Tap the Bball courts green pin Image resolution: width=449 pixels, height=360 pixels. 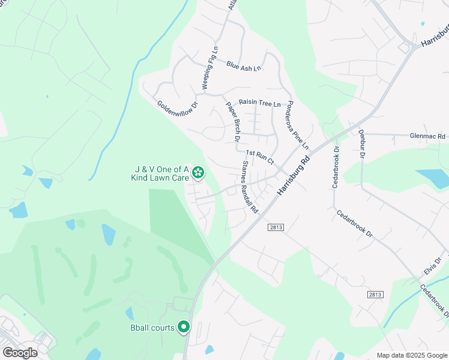point(184,328)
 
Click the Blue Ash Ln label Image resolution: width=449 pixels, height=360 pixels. point(244,65)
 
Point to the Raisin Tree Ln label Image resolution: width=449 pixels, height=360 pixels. point(260,104)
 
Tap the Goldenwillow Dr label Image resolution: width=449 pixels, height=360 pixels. point(178,108)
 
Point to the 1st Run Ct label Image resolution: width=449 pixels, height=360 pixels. point(259,158)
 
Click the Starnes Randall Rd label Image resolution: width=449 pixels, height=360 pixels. point(249,187)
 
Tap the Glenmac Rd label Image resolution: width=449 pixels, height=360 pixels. point(428,136)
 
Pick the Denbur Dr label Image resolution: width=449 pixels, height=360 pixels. point(362,143)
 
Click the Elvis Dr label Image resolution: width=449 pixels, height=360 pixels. point(433,265)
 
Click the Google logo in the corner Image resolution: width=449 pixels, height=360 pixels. point(20,353)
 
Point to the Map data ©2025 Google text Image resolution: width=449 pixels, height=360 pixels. point(412,355)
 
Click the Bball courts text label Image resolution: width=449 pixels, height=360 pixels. point(152,328)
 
